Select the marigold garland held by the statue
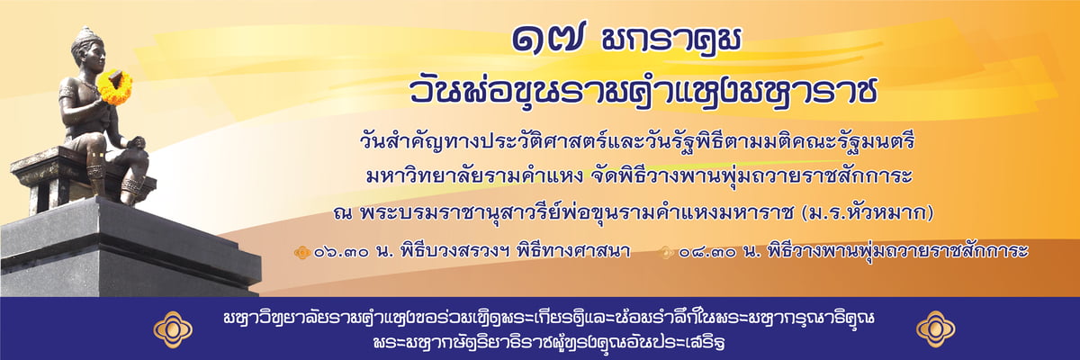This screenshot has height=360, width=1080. point(115,86)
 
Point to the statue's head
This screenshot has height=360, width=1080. point(88,50)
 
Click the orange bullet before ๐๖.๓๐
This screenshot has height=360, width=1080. point(302,253)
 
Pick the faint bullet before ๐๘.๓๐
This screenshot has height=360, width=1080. point(667,253)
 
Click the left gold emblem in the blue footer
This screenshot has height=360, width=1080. point(173,329)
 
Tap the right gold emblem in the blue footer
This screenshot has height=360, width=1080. point(935,329)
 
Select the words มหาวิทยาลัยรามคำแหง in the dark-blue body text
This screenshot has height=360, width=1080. point(475,176)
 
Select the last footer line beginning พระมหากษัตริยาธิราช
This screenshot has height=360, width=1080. point(549,343)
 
